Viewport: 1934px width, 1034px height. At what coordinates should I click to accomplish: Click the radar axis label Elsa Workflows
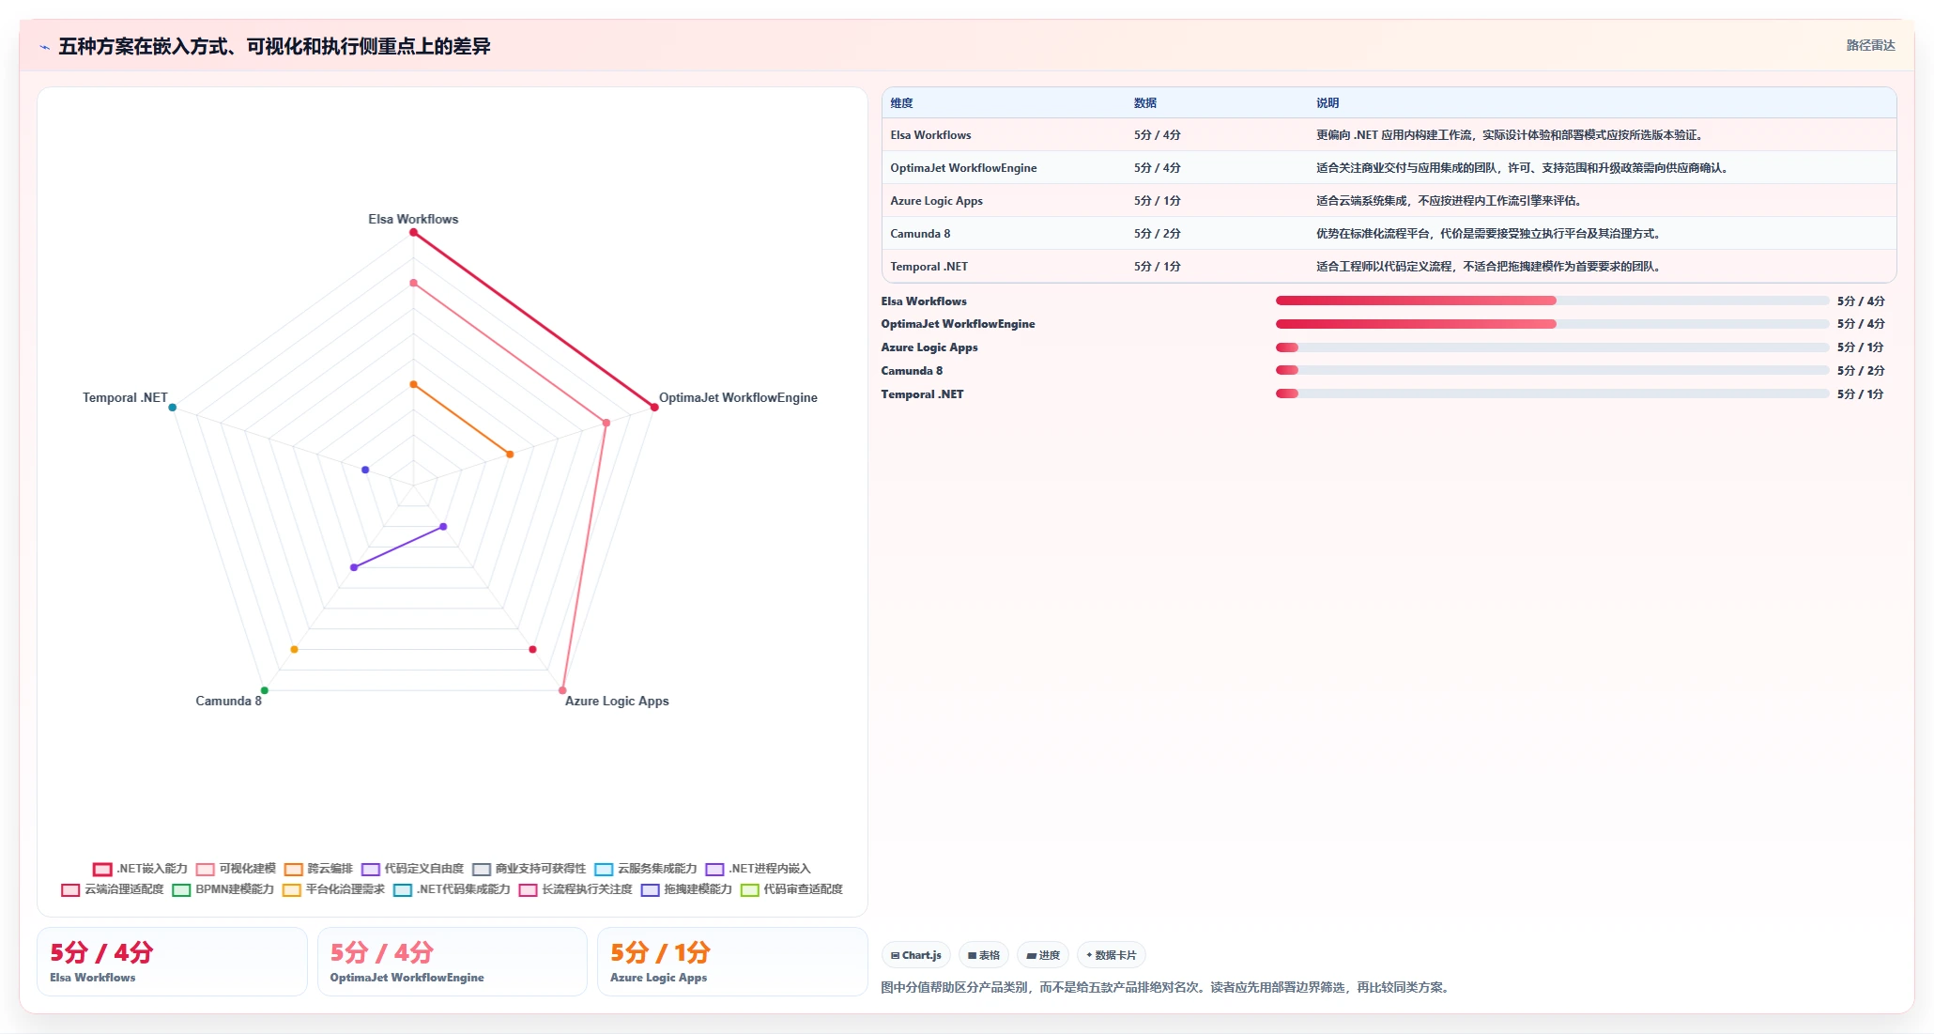[x=413, y=219]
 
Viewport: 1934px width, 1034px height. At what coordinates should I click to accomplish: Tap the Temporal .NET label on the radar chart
[x=125, y=397]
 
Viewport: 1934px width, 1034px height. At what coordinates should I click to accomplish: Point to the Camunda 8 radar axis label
[x=228, y=701]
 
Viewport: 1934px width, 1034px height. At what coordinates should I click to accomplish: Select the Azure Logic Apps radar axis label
[x=617, y=701]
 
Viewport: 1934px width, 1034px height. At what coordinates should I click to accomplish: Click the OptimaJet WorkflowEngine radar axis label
[x=738, y=397]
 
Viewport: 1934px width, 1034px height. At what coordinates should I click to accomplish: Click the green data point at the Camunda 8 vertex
[x=264, y=690]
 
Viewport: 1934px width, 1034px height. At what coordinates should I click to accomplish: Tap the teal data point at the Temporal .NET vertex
[x=173, y=408]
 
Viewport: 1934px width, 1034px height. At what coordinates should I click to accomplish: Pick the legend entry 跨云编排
[x=319, y=869]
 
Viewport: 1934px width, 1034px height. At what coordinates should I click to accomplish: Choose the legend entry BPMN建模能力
[x=223, y=889]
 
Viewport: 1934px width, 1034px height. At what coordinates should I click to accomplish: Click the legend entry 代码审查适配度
[x=791, y=889]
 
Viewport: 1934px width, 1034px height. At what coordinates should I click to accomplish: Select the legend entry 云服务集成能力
[x=646, y=869]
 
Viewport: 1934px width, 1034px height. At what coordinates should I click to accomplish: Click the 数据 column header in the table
[x=1145, y=103]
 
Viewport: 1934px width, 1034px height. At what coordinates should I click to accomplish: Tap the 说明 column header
[x=1328, y=103]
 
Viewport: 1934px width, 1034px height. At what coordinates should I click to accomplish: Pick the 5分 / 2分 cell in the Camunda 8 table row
[x=1158, y=234]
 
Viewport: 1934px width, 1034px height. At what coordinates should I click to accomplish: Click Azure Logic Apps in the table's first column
[x=937, y=201]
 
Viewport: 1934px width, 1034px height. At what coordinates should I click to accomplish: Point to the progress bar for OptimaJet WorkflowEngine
[x=1552, y=324]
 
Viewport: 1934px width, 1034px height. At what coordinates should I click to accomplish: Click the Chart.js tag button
[x=916, y=955]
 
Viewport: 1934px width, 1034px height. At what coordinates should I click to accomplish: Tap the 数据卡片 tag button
[x=1112, y=955]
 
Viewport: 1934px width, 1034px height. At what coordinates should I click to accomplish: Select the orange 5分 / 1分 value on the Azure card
[x=660, y=952]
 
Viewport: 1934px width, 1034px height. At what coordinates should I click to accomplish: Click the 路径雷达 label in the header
[x=1871, y=45]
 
